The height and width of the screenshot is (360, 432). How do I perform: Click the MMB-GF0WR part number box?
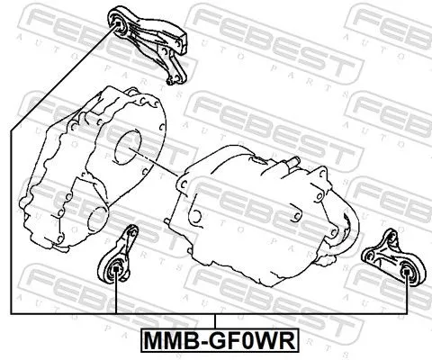point(215,341)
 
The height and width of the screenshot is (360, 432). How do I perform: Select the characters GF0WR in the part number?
point(244,341)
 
